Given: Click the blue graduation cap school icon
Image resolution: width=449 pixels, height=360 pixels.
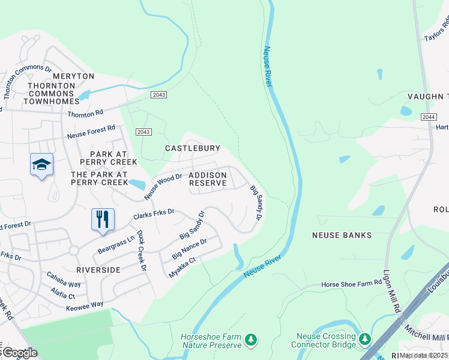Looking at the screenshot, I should tap(41, 165).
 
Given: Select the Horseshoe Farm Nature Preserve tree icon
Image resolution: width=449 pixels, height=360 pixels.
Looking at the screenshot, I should tap(251, 341).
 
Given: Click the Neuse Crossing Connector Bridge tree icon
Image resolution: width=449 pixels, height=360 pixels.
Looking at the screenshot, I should tap(364, 340).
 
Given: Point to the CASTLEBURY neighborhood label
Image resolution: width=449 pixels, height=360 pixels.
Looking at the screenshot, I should tap(193, 148).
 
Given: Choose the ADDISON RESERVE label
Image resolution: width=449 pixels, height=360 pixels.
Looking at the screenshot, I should tap(208, 179).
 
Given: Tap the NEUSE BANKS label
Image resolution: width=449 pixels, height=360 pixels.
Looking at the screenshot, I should tap(342, 235).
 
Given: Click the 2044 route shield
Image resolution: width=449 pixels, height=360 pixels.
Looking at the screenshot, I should tap(428, 117).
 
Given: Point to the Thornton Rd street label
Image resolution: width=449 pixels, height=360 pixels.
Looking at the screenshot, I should tap(85, 114).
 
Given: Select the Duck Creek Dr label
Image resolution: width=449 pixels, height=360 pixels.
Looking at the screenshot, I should tap(142, 251).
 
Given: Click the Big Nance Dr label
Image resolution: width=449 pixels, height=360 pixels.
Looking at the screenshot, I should tap(189, 248).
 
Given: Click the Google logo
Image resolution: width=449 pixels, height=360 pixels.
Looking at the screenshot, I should tap(20, 353).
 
